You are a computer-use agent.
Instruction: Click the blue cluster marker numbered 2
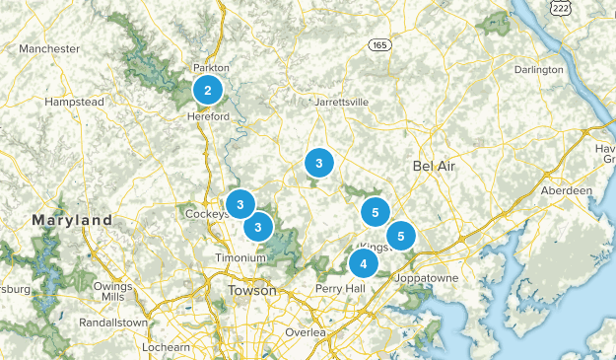click(x=207, y=91)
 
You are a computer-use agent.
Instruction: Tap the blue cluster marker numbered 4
click(x=364, y=263)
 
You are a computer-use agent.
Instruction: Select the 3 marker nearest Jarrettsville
click(x=318, y=162)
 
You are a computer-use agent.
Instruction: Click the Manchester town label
click(x=48, y=48)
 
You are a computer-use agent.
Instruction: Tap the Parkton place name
click(x=211, y=68)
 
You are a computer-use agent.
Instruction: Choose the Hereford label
click(x=208, y=116)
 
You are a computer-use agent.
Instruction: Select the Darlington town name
click(x=539, y=70)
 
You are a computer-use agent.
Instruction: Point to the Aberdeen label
click(x=566, y=189)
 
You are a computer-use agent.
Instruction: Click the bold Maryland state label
click(x=72, y=220)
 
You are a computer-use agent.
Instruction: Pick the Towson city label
click(x=252, y=291)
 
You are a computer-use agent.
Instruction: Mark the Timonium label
click(x=241, y=257)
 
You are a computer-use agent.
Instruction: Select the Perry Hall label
click(x=341, y=288)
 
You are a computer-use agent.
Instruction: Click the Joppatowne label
click(x=426, y=278)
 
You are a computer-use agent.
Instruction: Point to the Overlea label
click(x=305, y=332)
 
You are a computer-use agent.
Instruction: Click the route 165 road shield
click(x=379, y=45)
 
